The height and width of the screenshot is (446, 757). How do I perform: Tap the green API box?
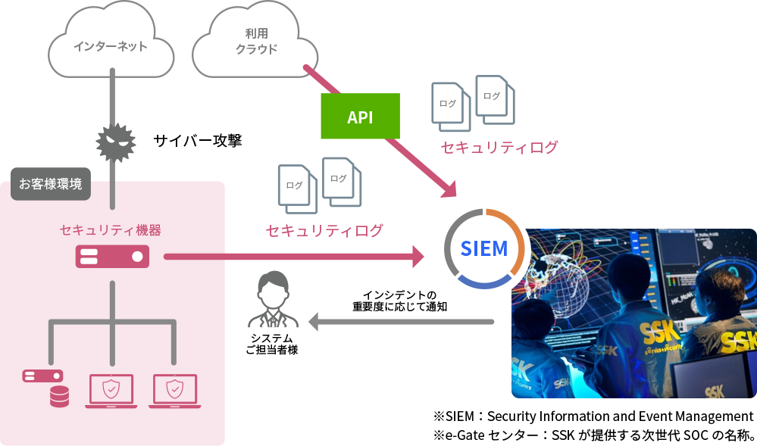pos(360,117)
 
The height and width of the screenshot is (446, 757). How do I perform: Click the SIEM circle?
pos(484,249)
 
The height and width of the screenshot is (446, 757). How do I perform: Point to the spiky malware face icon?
pos(115,141)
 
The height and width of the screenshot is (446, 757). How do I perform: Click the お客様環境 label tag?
pos(51,184)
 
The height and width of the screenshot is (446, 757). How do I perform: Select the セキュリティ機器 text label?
pos(110,229)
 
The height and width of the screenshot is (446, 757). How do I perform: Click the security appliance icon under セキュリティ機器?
pos(112,257)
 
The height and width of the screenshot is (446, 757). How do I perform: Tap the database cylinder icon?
pos(58,396)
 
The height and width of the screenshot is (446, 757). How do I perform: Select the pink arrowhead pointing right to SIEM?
pos(417,257)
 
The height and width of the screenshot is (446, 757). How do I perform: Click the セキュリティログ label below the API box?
pos(324,230)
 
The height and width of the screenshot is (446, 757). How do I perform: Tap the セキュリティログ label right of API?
pos(499,147)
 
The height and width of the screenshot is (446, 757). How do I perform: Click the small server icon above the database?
pos(42,376)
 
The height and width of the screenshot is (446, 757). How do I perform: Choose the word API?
pos(360,117)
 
